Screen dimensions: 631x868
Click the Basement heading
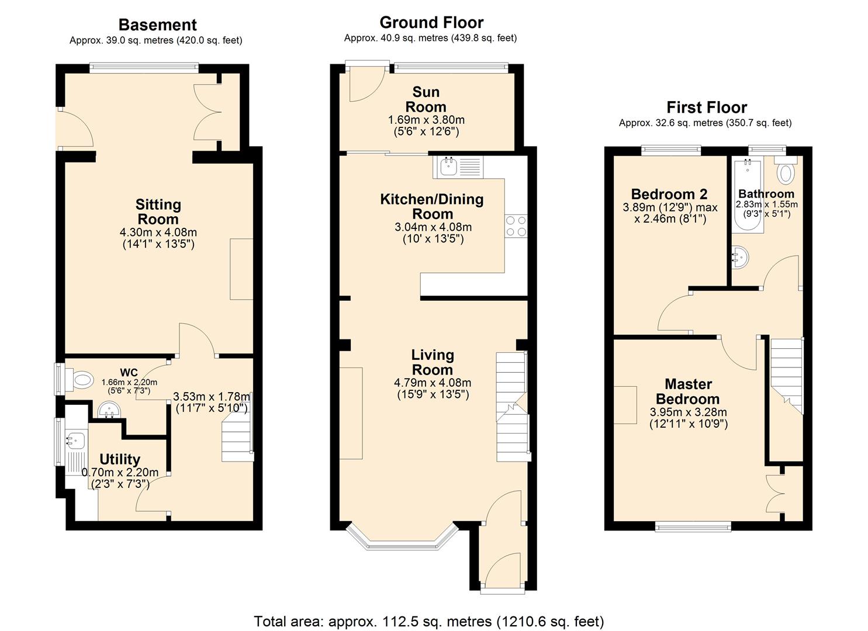(x=157, y=25)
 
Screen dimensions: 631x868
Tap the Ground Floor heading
(x=431, y=23)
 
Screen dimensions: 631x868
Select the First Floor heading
(x=706, y=108)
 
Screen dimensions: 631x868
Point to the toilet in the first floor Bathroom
(x=787, y=173)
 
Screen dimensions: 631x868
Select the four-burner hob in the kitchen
(x=516, y=226)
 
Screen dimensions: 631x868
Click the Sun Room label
(x=426, y=99)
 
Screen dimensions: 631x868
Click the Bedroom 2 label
(x=669, y=194)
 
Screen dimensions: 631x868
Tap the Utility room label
(x=119, y=459)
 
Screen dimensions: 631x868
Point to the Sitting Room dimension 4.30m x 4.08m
(x=158, y=233)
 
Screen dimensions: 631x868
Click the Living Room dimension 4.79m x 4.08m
(x=433, y=383)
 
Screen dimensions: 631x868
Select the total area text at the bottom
(x=428, y=621)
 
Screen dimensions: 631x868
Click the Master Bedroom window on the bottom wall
(x=693, y=527)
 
